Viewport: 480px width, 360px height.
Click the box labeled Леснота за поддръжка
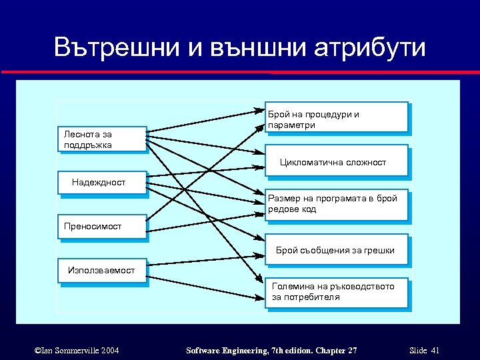click(x=101, y=139)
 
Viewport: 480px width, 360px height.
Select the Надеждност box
click(x=101, y=183)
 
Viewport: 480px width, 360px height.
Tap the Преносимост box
click(x=101, y=227)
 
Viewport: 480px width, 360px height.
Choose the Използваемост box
click(x=101, y=270)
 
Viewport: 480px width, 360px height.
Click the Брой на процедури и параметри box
click(x=336, y=117)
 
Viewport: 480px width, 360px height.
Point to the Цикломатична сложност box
click(x=336, y=162)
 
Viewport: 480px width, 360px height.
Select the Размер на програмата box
click(x=336, y=205)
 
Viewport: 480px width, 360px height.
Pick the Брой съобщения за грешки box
click(x=336, y=250)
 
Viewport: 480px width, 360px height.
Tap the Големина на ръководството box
click(x=336, y=293)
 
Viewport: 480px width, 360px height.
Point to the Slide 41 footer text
click(x=425, y=351)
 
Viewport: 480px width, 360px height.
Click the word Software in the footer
click(x=205, y=351)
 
